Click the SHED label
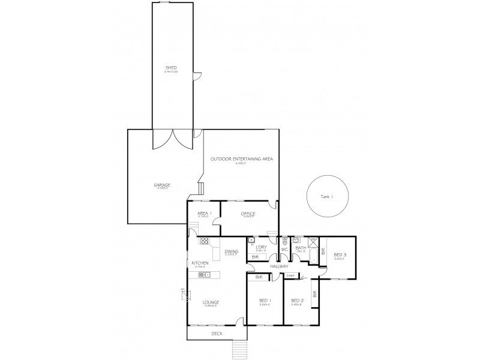tap(171, 67)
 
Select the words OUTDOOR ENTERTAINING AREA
tap(242, 158)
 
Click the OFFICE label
tap(248, 213)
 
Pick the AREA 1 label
tap(204, 213)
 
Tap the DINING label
tap(231, 251)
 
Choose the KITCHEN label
tap(200, 263)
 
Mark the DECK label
tap(217, 333)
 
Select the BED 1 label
tap(265, 301)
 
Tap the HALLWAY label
tap(279, 266)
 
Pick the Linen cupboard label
tap(290, 275)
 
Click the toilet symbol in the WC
tap(285, 240)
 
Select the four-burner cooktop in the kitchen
tap(204, 241)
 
